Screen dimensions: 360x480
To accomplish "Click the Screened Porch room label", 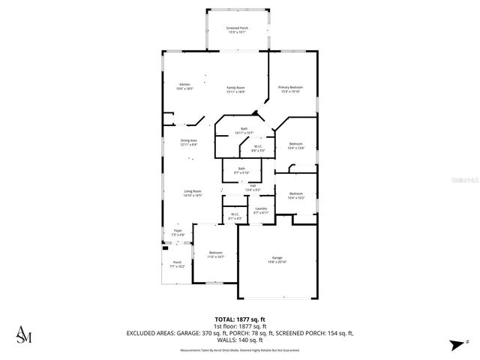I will [x=237, y=30].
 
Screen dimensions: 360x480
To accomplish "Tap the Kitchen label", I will [x=184, y=86].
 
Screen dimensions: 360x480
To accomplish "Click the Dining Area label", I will [x=188, y=142].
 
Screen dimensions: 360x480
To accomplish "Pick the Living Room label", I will [x=193, y=193].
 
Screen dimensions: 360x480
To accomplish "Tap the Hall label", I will [x=253, y=187].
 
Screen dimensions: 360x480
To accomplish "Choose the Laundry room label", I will [x=261, y=210].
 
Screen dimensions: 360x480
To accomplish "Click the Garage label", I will [x=277, y=259].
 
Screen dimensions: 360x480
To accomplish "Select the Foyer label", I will [x=178, y=232].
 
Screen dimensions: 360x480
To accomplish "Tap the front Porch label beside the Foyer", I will [x=177, y=264].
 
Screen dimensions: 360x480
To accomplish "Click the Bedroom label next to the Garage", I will [x=216, y=254].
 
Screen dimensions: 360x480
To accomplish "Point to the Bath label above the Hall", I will [x=241, y=170].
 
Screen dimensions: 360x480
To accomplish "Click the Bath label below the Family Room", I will [x=244, y=130].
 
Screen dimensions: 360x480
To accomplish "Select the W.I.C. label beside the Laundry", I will [x=234, y=216].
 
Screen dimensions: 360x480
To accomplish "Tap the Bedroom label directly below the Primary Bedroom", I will [x=296, y=145].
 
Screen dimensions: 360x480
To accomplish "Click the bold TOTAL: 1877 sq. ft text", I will [x=240, y=319].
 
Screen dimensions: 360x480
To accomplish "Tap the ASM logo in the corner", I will [x=24, y=334].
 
